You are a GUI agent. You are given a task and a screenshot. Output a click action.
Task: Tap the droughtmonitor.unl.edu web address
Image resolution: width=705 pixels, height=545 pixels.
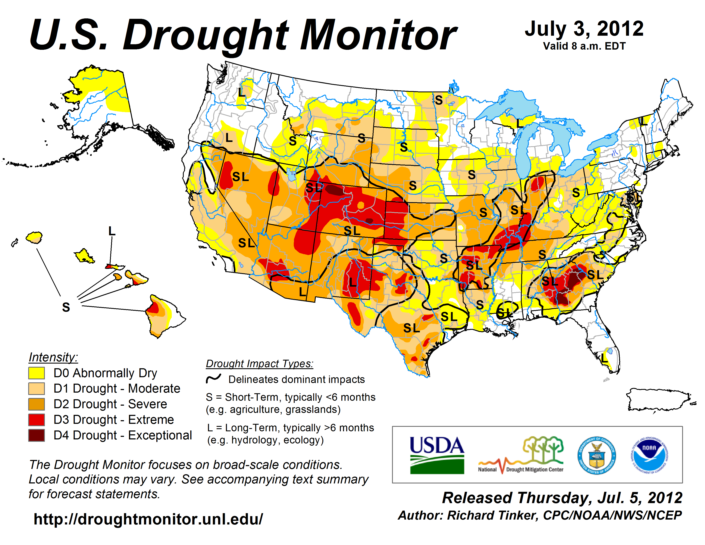(x=148, y=519)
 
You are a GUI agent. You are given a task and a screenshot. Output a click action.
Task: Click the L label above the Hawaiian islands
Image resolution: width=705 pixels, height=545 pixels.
(x=112, y=231)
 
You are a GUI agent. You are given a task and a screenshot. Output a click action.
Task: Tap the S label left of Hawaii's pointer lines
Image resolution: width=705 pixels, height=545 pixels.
(x=66, y=307)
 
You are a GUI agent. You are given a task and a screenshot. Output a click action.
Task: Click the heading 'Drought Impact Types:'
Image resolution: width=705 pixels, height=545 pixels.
(x=260, y=364)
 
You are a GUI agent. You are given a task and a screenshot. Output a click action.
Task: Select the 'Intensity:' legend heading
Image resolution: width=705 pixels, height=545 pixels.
(x=53, y=357)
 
